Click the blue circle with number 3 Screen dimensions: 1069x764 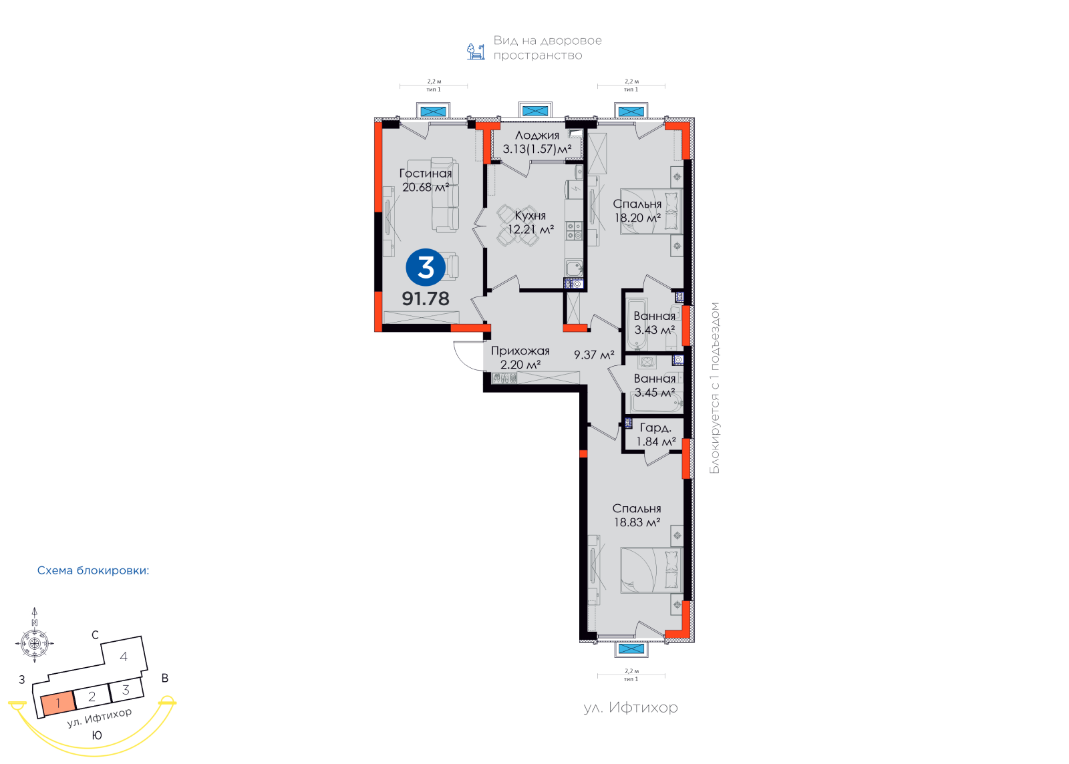pos(425,268)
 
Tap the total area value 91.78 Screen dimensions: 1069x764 pos(426,299)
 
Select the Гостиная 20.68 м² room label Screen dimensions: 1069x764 pos(426,180)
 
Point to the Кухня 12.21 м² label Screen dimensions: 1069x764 pos(530,222)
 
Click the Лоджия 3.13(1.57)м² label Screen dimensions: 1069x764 pos(537,142)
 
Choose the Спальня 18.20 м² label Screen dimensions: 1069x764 pos(637,211)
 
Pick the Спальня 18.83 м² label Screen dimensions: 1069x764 pos(637,516)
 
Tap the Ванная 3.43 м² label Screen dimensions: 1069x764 pos(655,323)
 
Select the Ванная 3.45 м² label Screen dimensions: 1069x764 pos(655,385)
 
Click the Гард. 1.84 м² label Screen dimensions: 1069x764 pos(656,435)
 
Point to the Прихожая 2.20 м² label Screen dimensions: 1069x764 pos(520,358)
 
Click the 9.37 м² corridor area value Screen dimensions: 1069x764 pos(594,355)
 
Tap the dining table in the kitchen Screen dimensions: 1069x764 pos(517,225)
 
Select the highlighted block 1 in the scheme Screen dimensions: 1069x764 pos(57,703)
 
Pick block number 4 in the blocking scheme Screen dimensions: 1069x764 pos(124,656)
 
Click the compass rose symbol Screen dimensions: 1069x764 pos(34,643)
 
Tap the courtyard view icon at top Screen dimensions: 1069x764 pos(475,51)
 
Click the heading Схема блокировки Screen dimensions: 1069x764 pos(93,570)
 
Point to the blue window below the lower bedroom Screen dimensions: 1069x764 pos(631,649)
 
